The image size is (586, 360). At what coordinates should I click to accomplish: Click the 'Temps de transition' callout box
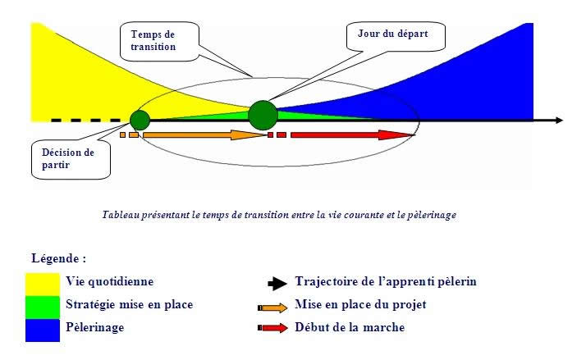pos(159,41)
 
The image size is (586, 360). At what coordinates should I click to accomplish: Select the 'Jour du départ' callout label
pos(396,36)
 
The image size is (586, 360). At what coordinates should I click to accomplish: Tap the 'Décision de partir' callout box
pos(71,159)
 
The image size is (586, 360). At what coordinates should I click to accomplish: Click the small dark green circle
pos(140,121)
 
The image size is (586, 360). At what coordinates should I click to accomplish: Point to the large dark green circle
pos(263,115)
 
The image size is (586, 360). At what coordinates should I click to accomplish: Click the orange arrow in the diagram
pos(205,134)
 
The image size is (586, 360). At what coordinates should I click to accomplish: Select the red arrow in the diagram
pos(353,134)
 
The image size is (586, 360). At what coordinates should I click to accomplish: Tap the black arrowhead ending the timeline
pos(559,121)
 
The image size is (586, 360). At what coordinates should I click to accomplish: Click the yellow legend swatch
pos(43,285)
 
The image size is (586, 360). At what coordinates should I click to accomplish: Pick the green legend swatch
pos(43,308)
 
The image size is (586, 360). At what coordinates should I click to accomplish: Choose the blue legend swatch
pos(43,330)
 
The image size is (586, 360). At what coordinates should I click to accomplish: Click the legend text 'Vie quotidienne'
pos(109,281)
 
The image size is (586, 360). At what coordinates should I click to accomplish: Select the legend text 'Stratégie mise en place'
pos(130,305)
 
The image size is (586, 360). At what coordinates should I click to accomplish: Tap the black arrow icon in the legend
pos(277,284)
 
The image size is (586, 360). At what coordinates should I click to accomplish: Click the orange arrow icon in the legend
pos(272,308)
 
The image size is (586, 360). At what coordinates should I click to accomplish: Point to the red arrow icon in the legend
pos(272,328)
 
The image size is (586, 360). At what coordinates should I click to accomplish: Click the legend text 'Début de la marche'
pos(350,327)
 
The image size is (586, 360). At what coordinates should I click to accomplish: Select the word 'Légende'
pos(55,258)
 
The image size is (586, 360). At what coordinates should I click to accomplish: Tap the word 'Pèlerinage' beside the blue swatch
pos(95,327)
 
